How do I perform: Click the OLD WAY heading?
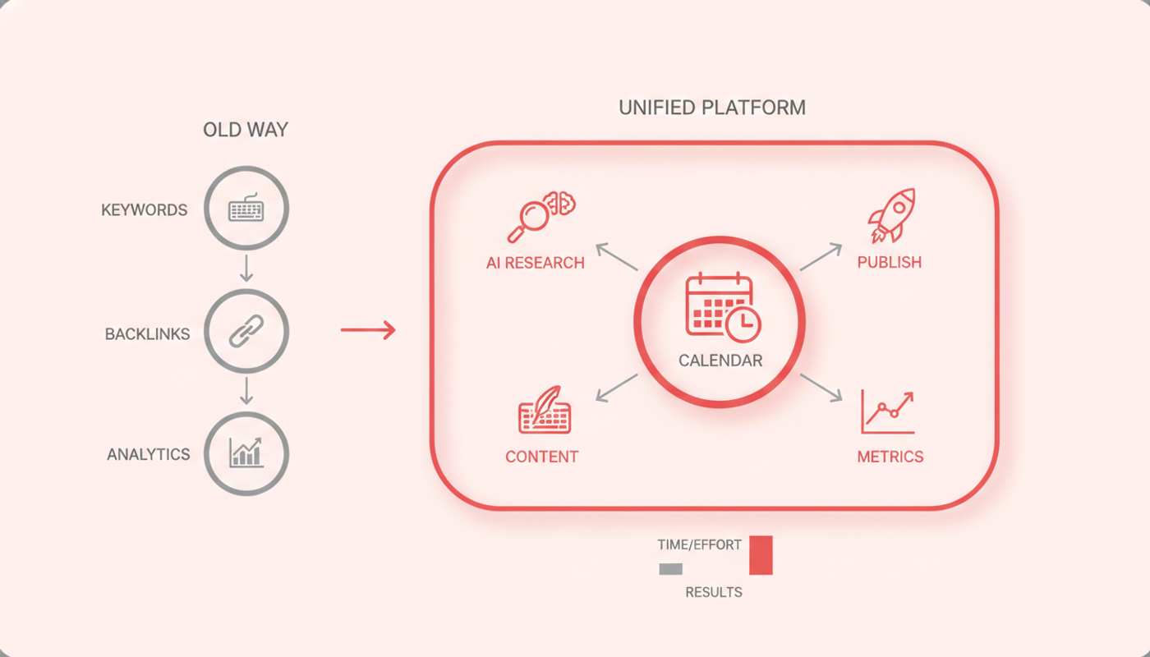(x=246, y=130)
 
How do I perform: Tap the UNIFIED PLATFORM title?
(x=712, y=108)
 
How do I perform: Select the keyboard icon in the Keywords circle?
(x=246, y=207)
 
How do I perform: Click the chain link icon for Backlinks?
(x=246, y=331)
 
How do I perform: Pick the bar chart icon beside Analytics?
(x=246, y=453)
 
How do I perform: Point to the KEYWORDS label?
(x=145, y=210)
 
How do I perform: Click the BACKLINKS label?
(x=147, y=334)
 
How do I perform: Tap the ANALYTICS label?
(x=149, y=454)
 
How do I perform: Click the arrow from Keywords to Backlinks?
(x=246, y=269)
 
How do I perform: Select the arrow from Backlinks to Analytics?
(x=246, y=391)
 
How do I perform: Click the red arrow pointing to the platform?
(x=368, y=329)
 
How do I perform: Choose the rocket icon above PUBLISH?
(x=892, y=215)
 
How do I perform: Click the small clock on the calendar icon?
(x=743, y=324)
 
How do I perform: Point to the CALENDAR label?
(x=720, y=361)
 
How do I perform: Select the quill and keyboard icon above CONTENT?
(x=545, y=410)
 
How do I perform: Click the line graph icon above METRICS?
(x=888, y=411)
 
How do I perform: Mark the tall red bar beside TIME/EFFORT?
(x=761, y=555)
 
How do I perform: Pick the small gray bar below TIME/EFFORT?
(x=671, y=568)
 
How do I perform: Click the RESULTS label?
(x=714, y=592)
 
